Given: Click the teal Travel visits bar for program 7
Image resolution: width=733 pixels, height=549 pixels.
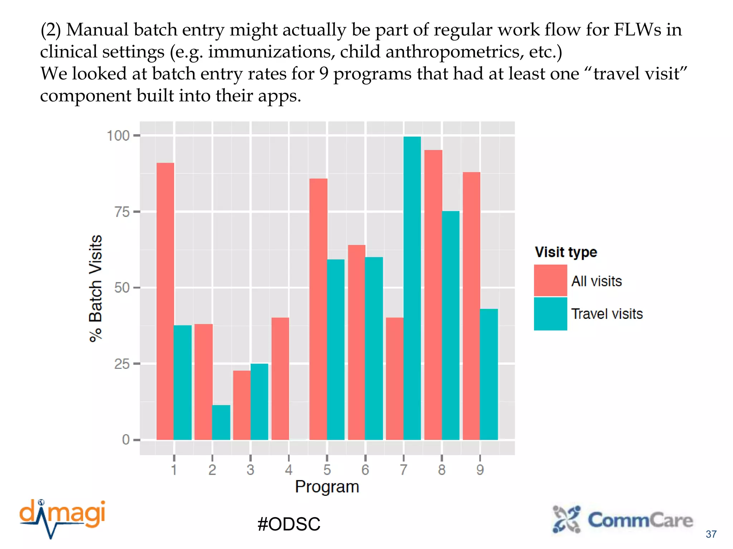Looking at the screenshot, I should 412,288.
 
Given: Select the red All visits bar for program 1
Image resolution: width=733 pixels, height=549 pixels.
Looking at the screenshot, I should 165,301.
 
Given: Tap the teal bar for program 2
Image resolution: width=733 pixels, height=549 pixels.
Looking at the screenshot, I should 221,422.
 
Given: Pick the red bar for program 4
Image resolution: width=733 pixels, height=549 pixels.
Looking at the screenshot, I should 280,379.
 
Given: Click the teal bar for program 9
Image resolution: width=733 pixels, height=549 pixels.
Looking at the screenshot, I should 489,374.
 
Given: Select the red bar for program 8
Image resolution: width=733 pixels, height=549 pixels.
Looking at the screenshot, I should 433,295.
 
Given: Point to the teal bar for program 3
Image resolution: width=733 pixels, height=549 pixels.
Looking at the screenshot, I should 259,402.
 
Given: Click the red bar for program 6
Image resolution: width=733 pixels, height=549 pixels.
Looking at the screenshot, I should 356,342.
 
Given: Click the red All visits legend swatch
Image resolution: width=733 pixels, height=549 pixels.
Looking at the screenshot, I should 550,281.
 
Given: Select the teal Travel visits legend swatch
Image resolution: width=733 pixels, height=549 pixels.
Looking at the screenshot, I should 550,313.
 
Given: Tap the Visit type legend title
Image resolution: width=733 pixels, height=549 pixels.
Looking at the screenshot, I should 566,252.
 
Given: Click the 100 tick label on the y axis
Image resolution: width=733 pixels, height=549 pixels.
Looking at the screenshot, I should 118,136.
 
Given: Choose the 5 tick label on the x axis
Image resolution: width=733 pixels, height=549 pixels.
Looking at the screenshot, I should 327,470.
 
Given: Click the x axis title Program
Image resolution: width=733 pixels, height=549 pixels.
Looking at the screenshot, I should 327,487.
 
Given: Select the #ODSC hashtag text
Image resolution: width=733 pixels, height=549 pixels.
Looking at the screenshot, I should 288,524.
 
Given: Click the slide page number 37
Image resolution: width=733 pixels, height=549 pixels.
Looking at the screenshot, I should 711,534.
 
